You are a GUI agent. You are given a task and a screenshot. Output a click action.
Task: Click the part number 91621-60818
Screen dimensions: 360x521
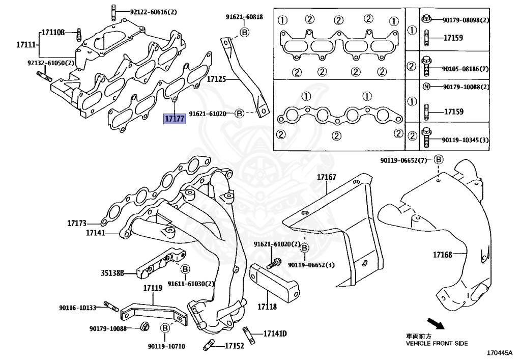pos(244,17)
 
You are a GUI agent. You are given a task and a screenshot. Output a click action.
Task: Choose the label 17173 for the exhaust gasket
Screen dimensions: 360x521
pos(77,223)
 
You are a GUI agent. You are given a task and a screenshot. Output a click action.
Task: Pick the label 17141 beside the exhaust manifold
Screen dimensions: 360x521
pos(95,233)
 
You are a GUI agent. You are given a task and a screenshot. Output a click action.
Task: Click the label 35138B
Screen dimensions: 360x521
pos(112,273)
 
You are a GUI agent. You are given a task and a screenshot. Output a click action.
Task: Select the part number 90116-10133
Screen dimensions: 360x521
pos(77,308)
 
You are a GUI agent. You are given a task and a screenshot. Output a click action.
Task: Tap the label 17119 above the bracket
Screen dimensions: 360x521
pos(152,288)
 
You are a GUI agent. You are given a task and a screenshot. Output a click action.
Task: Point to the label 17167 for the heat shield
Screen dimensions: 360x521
pos(327,177)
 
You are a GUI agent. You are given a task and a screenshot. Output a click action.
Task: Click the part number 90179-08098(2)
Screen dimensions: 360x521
pos(465,20)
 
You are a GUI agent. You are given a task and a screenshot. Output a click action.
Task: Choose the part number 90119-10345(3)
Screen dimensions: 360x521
pos(465,140)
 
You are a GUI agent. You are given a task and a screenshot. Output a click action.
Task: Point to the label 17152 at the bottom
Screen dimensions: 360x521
pos(235,346)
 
